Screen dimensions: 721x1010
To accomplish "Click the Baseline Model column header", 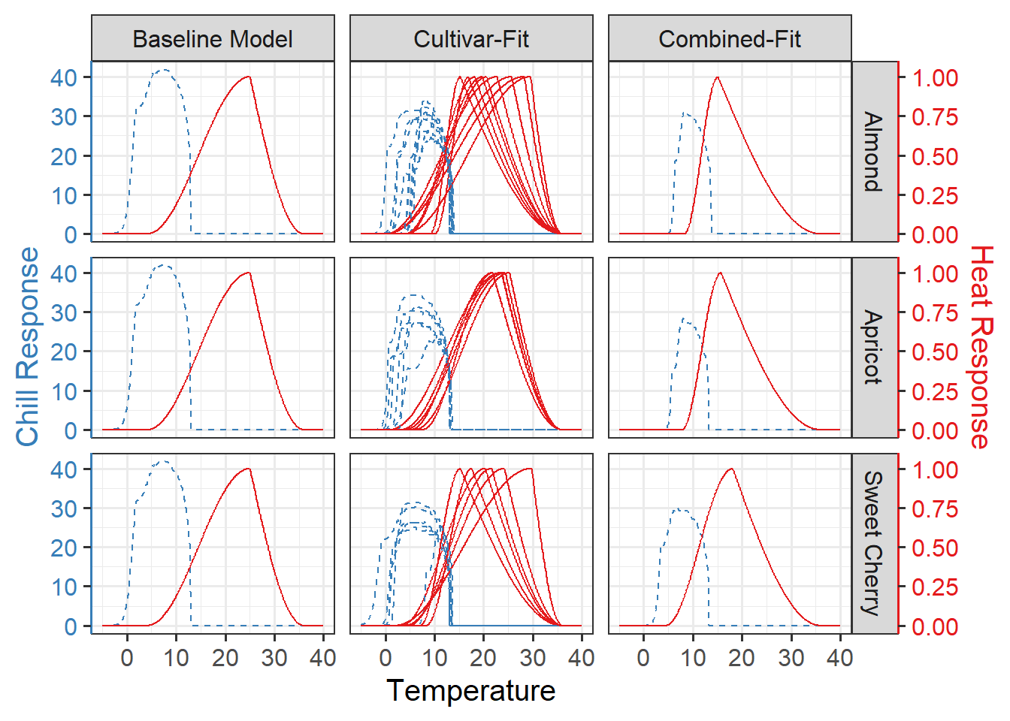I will (x=213, y=39).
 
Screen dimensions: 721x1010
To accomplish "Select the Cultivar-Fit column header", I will (x=471, y=39).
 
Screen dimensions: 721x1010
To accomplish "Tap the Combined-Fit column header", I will (x=730, y=39).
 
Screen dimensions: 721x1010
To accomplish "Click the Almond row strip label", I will (x=873, y=152).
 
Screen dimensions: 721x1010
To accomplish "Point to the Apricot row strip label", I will (x=873, y=347).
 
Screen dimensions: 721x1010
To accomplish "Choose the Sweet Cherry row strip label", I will (x=873, y=543).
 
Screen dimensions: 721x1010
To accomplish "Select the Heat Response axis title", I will (x=981, y=347).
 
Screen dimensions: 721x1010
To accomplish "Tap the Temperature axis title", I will (x=471, y=690).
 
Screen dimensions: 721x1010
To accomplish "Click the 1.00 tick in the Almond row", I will (x=935, y=77).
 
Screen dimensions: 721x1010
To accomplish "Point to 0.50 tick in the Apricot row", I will (x=935, y=351).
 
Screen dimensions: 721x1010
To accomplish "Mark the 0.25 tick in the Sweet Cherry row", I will (x=935, y=587).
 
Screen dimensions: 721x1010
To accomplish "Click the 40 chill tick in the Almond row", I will (x=64, y=77).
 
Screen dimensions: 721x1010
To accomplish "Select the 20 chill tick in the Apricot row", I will (x=64, y=351).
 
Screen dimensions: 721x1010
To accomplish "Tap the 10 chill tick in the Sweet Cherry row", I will (x=64, y=587).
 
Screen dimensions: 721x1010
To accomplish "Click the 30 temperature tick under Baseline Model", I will (x=274, y=658).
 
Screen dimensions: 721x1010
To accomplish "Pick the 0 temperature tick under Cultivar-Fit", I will (x=386, y=658).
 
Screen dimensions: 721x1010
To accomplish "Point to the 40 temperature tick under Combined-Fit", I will (x=839, y=658).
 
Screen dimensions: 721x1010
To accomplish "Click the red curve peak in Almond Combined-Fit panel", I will (x=718, y=77).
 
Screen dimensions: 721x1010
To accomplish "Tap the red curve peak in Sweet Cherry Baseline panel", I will (x=248, y=469).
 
